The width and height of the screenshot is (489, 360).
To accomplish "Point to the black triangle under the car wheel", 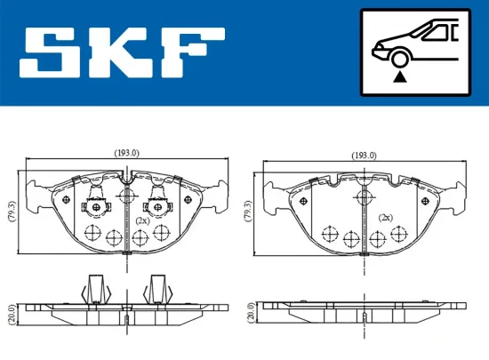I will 402,79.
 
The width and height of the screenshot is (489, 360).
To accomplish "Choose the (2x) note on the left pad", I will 143,219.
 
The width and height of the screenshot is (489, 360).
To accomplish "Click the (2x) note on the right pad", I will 385,217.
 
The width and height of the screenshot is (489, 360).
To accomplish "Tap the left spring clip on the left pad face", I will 93,204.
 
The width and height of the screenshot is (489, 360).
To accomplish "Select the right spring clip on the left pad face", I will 160,204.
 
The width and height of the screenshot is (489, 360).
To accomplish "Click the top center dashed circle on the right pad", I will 362,198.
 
